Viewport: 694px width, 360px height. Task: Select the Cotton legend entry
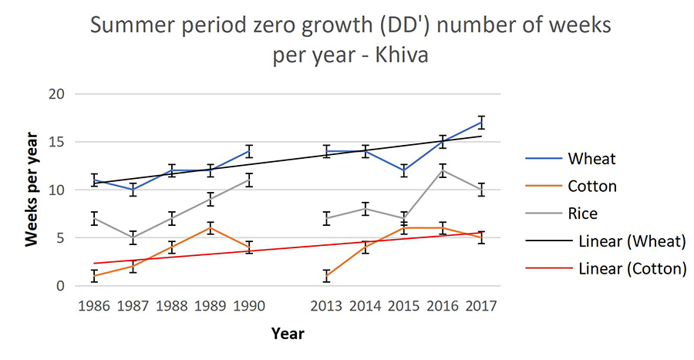click(591, 186)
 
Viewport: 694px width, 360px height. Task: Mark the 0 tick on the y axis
click(69, 286)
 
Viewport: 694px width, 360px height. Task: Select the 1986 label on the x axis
click(95, 306)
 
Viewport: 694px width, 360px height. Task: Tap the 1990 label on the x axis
click(249, 306)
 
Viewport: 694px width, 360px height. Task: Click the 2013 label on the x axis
click(327, 306)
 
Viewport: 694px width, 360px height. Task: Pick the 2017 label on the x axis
click(481, 306)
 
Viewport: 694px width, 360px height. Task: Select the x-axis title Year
click(288, 334)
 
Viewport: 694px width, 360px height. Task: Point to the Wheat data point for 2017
click(481, 122)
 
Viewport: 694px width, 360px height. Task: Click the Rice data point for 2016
click(443, 170)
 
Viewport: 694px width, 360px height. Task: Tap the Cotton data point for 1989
click(211, 228)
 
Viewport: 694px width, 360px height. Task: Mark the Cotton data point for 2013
click(327, 276)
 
